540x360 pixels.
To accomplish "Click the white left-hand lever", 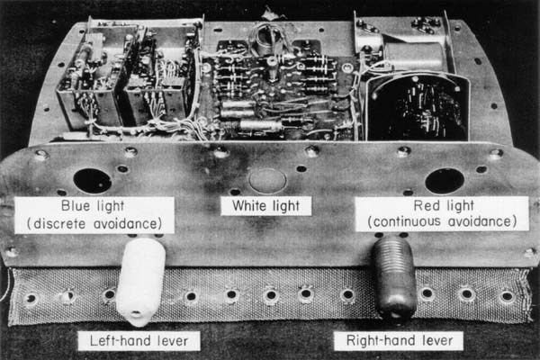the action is click(139, 281).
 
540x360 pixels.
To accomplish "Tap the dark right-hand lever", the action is click(395, 277).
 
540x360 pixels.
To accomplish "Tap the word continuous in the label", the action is click(407, 221).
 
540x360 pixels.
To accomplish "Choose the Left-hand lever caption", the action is click(139, 341).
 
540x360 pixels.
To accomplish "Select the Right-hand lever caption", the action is click(399, 341).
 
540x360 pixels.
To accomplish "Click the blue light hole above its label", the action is click(93, 181).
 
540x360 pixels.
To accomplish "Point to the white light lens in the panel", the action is click(267, 180).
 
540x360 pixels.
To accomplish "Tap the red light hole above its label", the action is click(445, 181).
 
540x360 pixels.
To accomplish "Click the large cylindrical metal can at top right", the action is click(413, 57).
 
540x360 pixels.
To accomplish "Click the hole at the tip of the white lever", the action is click(137, 311).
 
